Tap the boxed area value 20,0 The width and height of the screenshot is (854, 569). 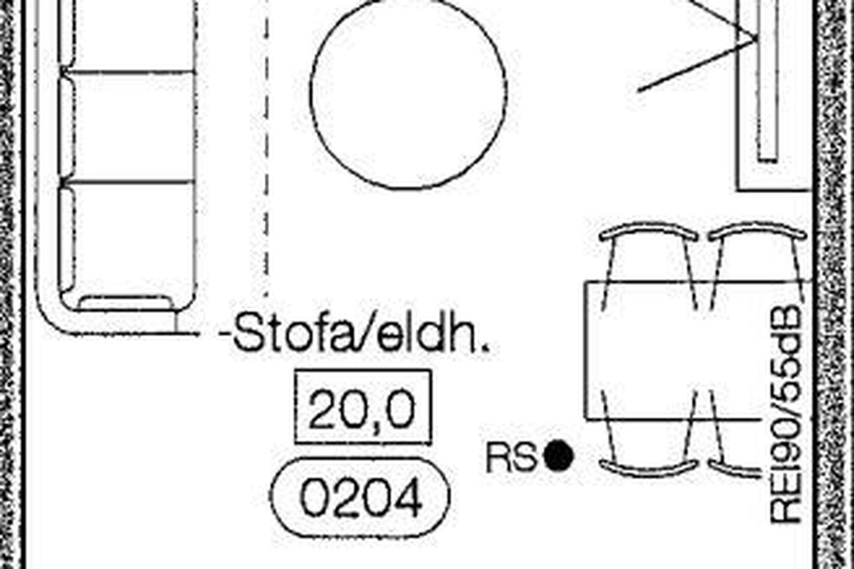point(363,407)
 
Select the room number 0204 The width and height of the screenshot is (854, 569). point(361,497)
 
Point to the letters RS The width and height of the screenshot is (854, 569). point(512,458)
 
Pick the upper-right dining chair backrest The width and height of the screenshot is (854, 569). point(757,231)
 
